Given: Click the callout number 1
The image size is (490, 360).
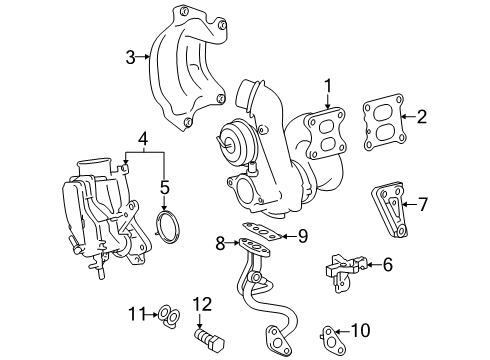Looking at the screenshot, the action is (x=328, y=86).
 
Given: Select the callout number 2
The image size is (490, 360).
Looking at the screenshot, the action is (x=422, y=117).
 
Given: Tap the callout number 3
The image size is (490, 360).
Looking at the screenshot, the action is (x=131, y=57).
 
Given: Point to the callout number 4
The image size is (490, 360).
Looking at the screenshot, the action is (x=143, y=139).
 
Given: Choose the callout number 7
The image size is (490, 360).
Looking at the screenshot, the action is (x=423, y=204).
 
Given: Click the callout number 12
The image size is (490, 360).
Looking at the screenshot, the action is (x=203, y=304).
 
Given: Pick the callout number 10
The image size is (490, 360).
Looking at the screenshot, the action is (x=361, y=330).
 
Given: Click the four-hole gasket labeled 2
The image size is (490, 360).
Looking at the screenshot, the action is (x=385, y=122).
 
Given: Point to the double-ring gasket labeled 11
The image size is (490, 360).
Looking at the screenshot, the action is (x=169, y=315).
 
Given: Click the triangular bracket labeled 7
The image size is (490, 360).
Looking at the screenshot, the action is (x=389, y=209).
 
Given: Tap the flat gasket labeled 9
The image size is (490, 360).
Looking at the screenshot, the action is (x=262, y=230).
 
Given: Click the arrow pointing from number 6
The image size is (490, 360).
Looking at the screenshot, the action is (x=373, y=265).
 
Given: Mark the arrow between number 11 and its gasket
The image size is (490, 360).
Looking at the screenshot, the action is (x=152, y=314).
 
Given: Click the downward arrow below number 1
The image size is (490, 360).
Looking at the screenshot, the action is (x=328, y=101).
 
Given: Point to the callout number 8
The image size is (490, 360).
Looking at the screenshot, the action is (x=220, y=243).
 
